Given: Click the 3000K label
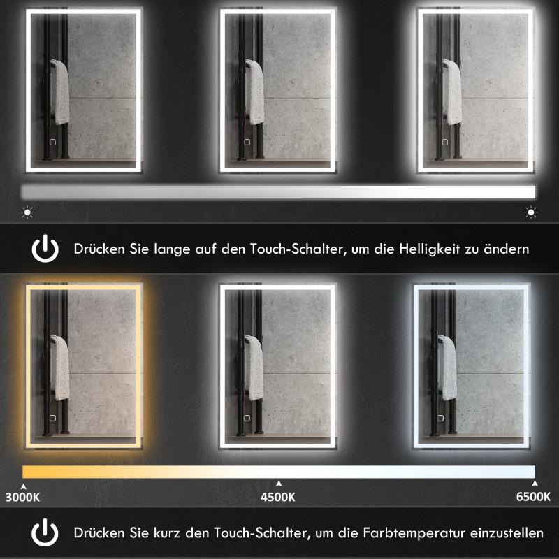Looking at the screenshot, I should point(22,498).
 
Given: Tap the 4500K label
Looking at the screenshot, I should point(278,498).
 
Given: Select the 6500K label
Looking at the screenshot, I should point(533,498).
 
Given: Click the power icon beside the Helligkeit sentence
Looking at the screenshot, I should point(45,248).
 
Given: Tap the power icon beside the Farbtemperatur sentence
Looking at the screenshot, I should point(45,533).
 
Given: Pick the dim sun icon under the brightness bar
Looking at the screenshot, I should point(27,211).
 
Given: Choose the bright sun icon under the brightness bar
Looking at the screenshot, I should point(531,211).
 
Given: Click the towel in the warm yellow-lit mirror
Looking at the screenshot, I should point(61,367).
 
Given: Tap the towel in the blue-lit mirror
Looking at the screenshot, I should point(449,367).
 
